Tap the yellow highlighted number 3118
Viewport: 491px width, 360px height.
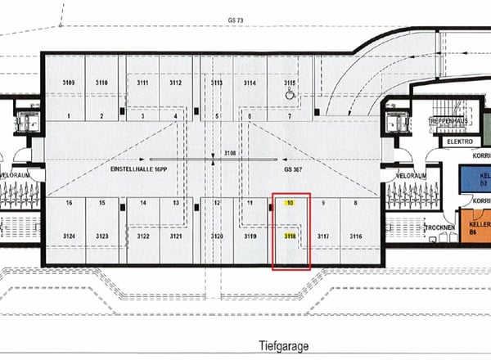(290, 236)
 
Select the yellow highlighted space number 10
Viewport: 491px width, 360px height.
(290, 202)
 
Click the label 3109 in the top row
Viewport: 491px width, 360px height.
(70, 83)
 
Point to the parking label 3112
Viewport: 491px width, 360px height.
(175, 83)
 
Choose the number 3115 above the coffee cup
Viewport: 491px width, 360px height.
(290, 83)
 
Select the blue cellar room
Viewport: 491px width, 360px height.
(475, 177)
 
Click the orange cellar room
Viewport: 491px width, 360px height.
(475, 223)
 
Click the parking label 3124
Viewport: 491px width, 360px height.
(70, 236)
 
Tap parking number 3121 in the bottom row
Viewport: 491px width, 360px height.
(175, 236)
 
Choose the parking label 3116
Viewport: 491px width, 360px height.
(355, 236)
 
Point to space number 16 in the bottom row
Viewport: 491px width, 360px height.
(70, 202)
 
